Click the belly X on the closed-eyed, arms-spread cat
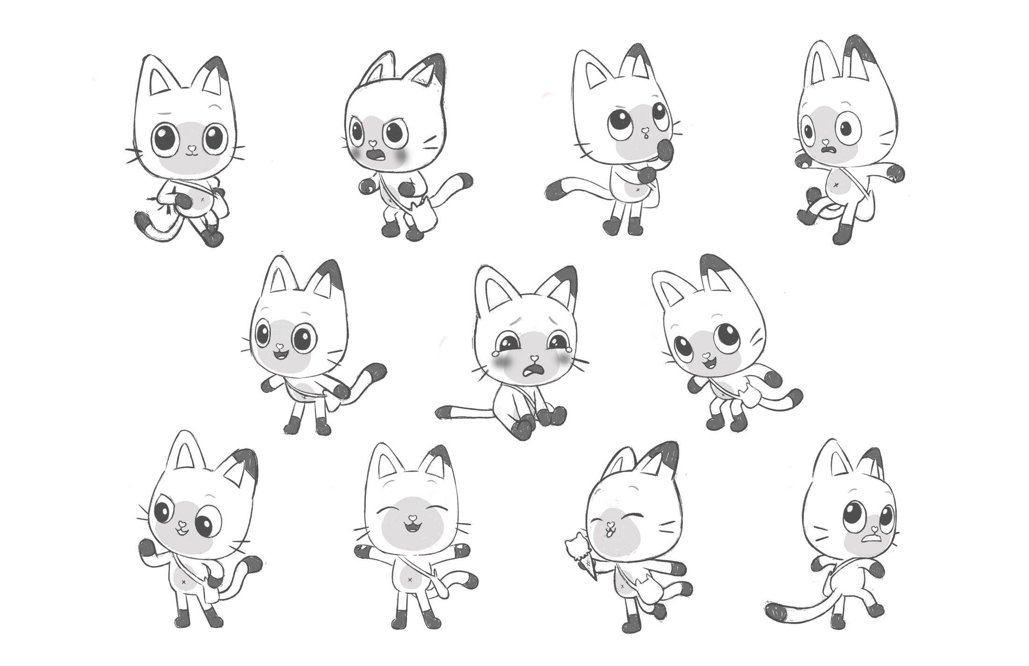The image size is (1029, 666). (x=410, y=580)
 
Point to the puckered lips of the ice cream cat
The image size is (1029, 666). (x=610, y=531)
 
